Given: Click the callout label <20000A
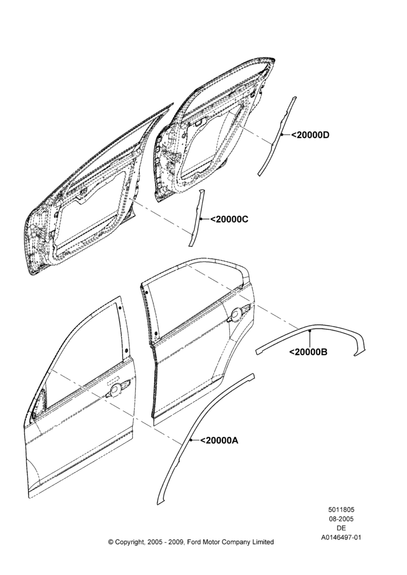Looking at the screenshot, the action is pyautogui.click(x=219, y=440).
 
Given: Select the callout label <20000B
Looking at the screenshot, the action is pyautogui.click(x=308, y=352).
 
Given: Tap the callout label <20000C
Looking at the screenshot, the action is pyautogui.click(x=229, y=219).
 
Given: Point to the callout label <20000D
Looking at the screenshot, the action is pyautogui.click(x=310, y=135).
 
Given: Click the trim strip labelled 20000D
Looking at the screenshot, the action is pyautogui.click(x=278, y=136).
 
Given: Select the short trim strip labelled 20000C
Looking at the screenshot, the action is pyautogui.click(x=197, y=217).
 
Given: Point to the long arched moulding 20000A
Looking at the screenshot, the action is pyautogui.click(x=191, y=440).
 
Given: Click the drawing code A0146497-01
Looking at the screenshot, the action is pyautogui.click(x=341, y=538).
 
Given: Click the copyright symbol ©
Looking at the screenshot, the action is pyautogui.click(x=111, y=542).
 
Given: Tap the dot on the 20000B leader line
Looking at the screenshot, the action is pyautogui.click(x=310, y=331).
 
